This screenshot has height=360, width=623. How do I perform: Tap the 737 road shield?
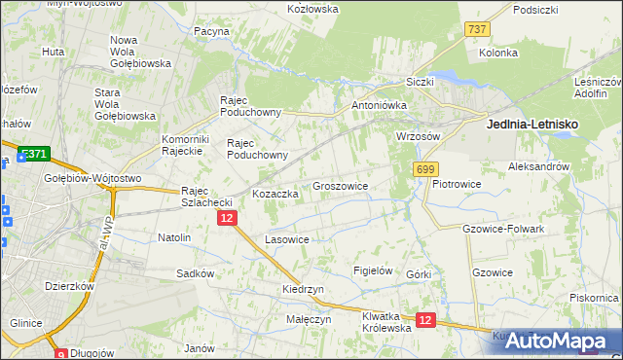(476, 30)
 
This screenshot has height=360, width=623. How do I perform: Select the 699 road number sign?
(424, 170)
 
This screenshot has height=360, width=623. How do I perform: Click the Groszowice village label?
(340, 185)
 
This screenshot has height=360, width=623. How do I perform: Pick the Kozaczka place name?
(275, 194)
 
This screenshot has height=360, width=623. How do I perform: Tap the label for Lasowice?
(287, 239)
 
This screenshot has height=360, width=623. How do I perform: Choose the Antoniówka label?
(378, 105)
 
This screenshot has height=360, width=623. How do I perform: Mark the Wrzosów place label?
(419, 136)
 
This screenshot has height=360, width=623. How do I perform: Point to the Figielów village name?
(373, 270)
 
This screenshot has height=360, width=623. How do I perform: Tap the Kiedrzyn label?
(303, 290)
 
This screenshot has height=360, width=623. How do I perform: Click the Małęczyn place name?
(309, 318)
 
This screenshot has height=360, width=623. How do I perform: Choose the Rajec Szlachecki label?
(206, 197)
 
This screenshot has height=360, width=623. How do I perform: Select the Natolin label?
(174, 236)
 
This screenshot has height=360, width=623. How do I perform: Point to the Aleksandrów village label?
(538, 167)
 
